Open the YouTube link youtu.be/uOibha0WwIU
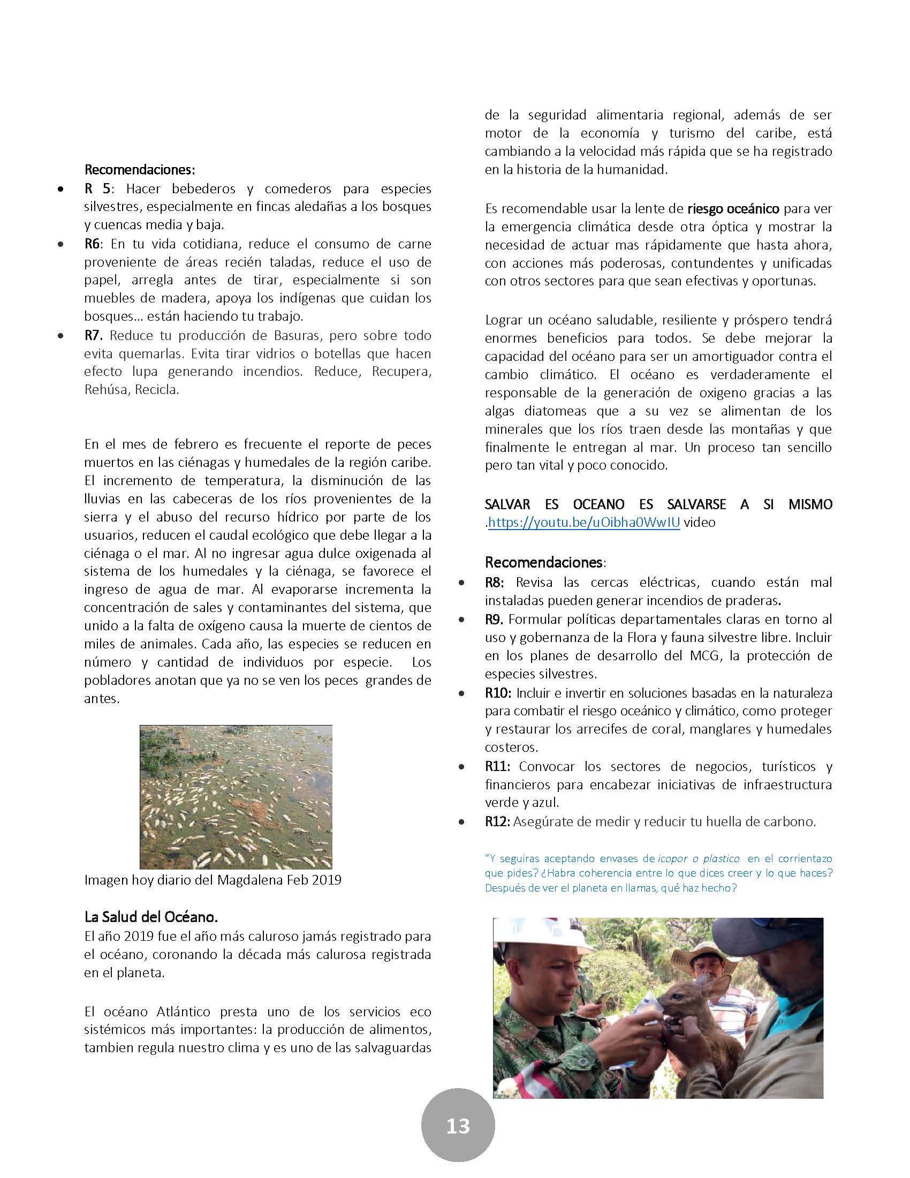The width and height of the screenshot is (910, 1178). click(x=584, y=522)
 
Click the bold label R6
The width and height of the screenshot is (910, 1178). click(x=92, y=244)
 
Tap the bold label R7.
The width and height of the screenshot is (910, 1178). click(x=93, y=335)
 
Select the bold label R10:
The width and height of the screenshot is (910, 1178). click(x=499, y=692)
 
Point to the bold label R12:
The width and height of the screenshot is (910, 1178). click(x=498, y=821)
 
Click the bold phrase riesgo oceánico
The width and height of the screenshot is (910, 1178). click(x=733, y=208)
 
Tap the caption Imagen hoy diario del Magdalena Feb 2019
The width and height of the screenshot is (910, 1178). click(x=213, y=880)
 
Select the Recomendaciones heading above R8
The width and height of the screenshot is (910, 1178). click(x=543, y=562)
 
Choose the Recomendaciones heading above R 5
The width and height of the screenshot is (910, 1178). click(x=140, y=169)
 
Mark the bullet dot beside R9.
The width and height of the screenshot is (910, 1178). click(x=461, y=620)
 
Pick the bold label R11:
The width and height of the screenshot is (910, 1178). click(x=499, y=766)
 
